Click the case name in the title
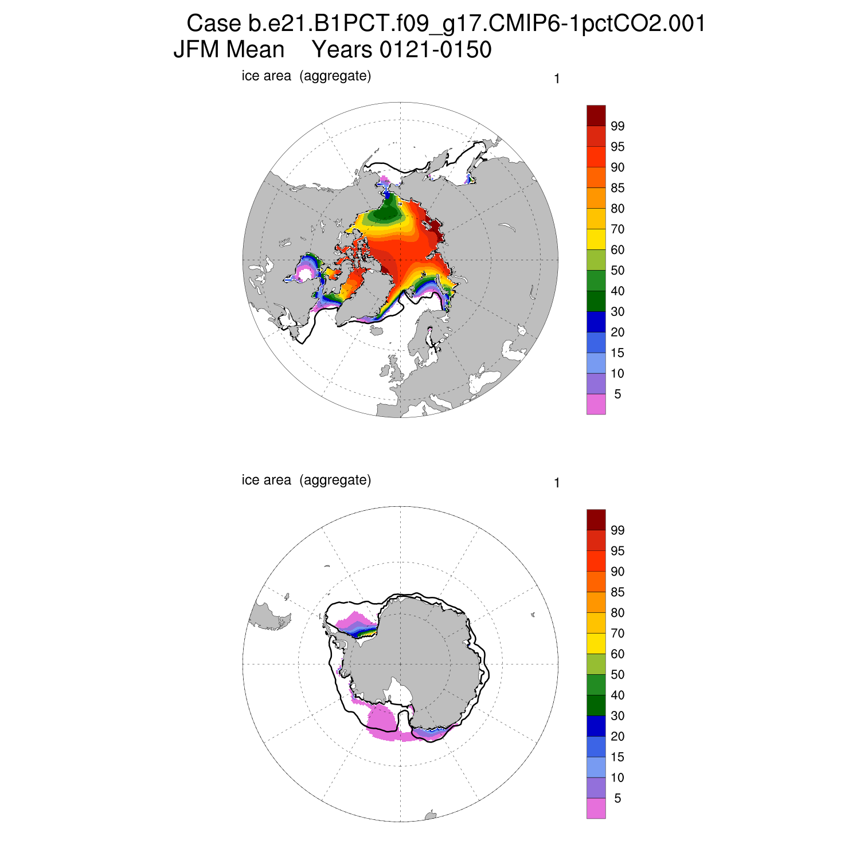[x=446, y=24]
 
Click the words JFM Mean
[x=229, y=50]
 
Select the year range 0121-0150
[x=401, y=50]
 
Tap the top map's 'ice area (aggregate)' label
[x=306, y=76]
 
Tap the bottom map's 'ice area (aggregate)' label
[x=306, y=480]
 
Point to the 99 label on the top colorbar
[x=617, y=126]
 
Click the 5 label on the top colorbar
[x=617, y=394]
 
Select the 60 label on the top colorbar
[x=617, y=250]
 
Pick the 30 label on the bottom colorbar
[x=617, y=716]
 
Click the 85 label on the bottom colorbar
[x=617, y=592]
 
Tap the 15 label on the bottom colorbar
[x=617, y=757]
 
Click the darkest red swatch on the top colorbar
[x=596, y=115]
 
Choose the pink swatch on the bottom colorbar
[x=596, y=808]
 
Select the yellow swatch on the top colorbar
[x=596, y=239]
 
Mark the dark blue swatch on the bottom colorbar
[x=596, y=726]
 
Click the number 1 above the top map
[x=557, y=79]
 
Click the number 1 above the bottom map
[x=557, y=483]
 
